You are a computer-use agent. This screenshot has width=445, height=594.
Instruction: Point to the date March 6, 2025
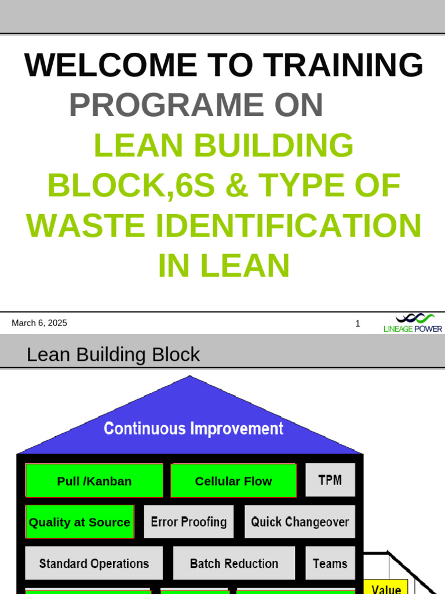(39, 323)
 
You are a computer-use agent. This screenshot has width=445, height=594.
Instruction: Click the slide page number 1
(358, 324)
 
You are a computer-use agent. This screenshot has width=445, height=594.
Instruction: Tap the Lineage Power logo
(413, 323)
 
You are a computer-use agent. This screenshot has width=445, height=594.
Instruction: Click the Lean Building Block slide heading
(113, 354)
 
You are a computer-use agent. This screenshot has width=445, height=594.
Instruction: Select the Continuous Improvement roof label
(194, 429)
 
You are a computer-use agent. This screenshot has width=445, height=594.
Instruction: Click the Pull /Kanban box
(94, 481)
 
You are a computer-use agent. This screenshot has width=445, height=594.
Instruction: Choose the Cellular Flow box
(234, 481)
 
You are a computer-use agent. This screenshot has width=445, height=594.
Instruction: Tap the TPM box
(330, 480)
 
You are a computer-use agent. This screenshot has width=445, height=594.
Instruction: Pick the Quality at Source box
(80, 522)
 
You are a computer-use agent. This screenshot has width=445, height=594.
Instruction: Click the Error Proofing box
(189, 522)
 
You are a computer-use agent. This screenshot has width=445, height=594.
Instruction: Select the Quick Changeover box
(300, 522)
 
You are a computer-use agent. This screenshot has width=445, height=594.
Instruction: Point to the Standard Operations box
(94, 563)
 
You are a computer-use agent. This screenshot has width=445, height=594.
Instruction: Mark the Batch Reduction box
(234, 563)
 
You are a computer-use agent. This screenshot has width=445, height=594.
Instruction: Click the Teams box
(330, 563)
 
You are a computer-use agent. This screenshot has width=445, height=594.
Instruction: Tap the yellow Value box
(386, 587)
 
